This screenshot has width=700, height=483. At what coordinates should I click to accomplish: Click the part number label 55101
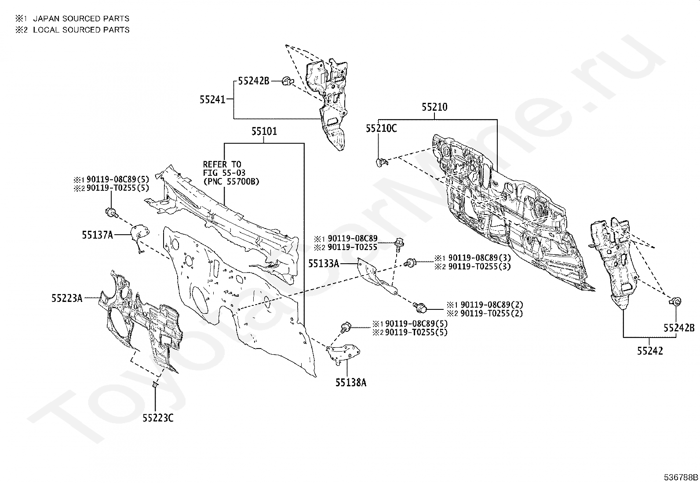coord(264,131)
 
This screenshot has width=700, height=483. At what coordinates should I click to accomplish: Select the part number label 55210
coord(434,107)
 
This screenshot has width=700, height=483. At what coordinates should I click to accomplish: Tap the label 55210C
coord(381,128)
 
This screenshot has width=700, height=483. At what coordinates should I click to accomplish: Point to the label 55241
coord(212,100)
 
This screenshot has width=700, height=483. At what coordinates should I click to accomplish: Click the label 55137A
coord(98,235)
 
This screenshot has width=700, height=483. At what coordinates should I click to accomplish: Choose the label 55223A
coord(67,298)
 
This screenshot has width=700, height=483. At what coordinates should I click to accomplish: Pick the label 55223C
coord(158,418)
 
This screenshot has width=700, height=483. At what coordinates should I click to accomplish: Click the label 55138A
coord(350,382)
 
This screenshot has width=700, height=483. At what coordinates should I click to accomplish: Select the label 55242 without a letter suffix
coord(650,351)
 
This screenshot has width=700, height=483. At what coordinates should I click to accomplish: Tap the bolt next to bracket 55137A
coord(112,212)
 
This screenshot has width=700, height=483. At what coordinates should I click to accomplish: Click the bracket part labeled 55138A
coord(343,354)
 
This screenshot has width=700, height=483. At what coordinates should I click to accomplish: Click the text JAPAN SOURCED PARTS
coord(81,19)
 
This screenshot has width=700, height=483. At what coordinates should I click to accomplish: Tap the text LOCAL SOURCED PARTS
coord(81,30)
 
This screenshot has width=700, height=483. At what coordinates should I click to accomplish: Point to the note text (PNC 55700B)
coord(231,182)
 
